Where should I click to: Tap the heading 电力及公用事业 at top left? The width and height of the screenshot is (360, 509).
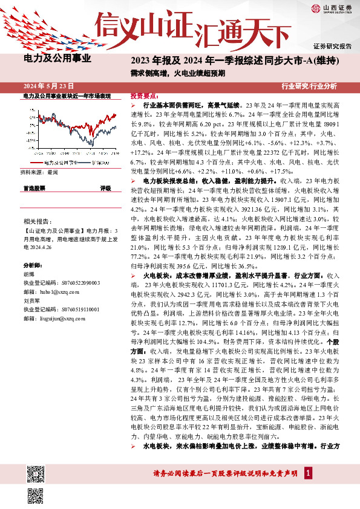(57, 59)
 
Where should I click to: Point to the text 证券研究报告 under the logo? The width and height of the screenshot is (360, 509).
(332, 46)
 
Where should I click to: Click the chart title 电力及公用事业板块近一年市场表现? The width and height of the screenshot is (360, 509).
(67, 96)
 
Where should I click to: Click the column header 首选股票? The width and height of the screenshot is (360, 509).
(34, 189)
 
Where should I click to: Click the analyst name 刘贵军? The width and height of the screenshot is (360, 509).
(31, 300)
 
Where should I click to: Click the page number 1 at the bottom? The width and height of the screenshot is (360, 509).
(308, 472)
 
